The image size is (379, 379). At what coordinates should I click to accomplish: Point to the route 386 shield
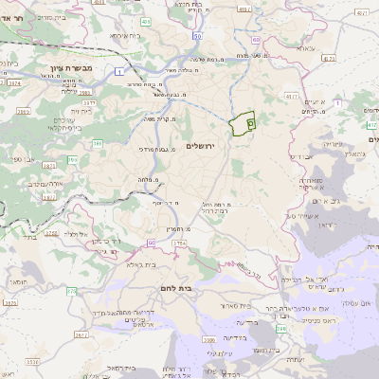97,144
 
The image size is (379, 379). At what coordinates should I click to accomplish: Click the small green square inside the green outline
250,121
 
